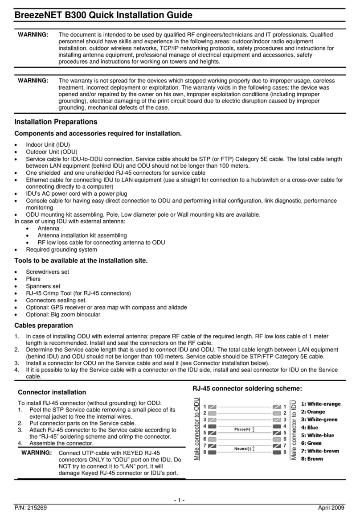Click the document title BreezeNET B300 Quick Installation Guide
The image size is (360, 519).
[103, 15]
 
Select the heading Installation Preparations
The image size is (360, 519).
[56, 122]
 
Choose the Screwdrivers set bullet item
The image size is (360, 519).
[47, 272]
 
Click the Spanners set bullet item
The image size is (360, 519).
[43, 286]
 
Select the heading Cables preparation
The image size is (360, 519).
[44, 325]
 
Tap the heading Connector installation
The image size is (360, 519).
[51, 392]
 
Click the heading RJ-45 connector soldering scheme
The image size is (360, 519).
[247, 388]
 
